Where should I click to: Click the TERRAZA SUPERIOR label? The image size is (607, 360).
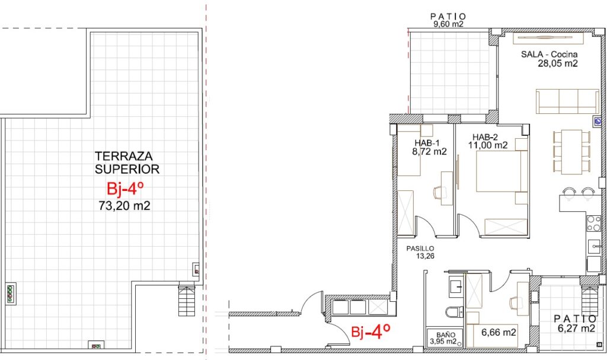point(127,163)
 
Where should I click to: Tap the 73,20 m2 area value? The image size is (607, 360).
point(124,205)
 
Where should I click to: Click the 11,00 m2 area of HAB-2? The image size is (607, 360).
point(488,145)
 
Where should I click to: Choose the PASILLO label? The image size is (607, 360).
point(420,249)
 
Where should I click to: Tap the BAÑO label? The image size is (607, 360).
point(446,335)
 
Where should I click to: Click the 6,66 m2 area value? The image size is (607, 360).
point(499,332)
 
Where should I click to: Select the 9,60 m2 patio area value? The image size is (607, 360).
point(448,24)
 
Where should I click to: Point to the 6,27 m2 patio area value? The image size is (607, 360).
point(576,328)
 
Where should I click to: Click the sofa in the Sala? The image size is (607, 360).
point(567,101)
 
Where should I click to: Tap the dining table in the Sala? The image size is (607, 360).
point(571,152)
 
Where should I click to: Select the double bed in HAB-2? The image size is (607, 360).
point(502,171)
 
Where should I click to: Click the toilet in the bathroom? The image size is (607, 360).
point(454,311)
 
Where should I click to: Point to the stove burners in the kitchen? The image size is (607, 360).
point(593,223)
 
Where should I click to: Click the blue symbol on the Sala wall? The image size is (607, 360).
point(598,122)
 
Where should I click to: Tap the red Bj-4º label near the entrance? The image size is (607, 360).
point(370,332)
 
